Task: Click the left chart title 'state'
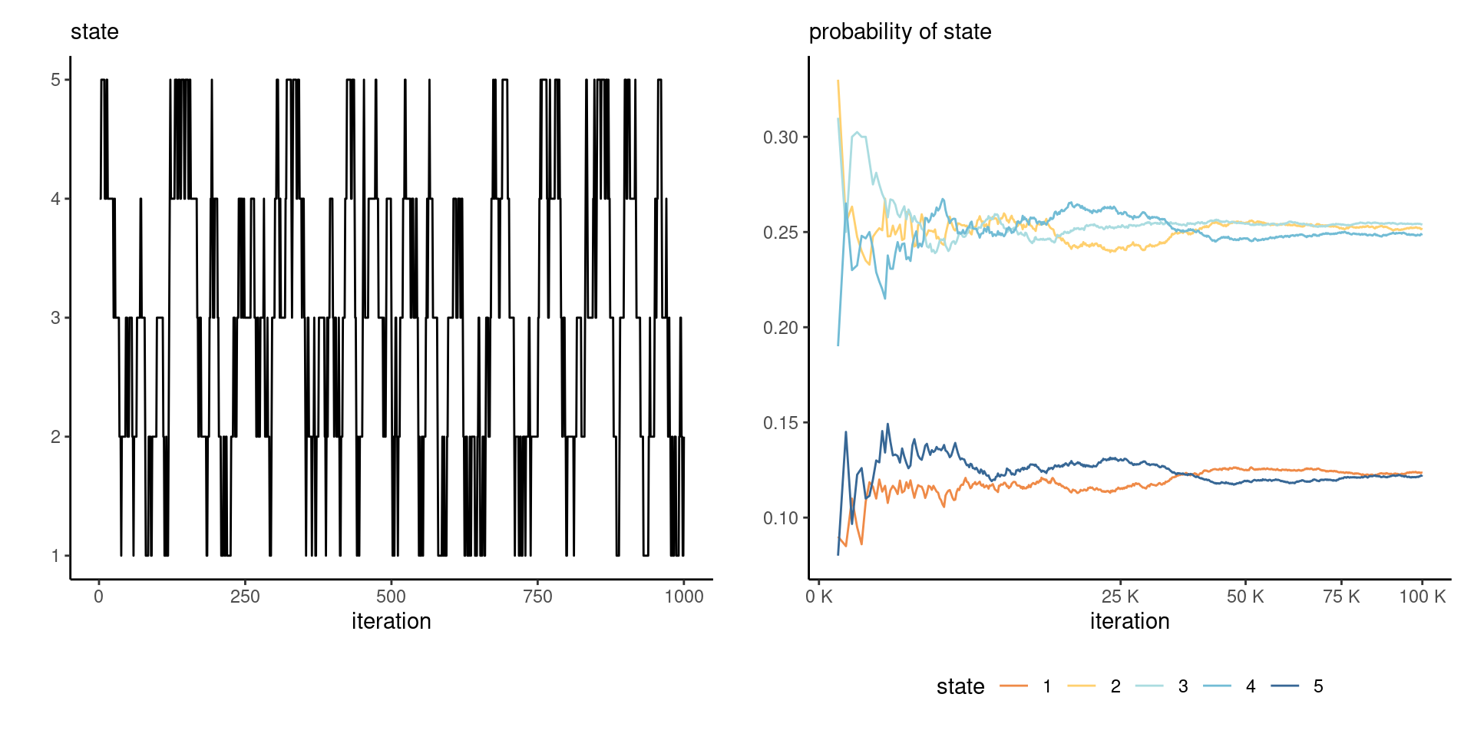click(x=94, y=31)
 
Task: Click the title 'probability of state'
click(x=900, y=31)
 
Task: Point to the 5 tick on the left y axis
click(x=56, y=80)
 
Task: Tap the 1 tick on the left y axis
click(x=56, y=556)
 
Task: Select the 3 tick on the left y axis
click(x=56, y=318)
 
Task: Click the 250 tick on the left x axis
click(x=245, y=597)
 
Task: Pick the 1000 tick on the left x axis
click(x=683, y=597)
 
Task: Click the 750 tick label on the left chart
click(x=537, y=597)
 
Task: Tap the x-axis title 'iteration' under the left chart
click(x=391, y=621)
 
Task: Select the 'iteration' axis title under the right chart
click(x=1129, y=621)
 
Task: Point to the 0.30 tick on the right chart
click(x=781, y=137)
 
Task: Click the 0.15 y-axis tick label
click(x=781, y=423)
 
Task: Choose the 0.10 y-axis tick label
click(x=781, y=518)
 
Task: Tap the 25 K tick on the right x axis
click(x=1120, y=597)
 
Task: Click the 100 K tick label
click(x=1422, y=597)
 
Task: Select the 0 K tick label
click(x=819, y=597)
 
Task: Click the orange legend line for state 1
click(x=1013, y=686)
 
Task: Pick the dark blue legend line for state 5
click(x=1284, y=686)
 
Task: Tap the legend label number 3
click(x=1183, y=686)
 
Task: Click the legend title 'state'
click(x=960, y=686)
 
